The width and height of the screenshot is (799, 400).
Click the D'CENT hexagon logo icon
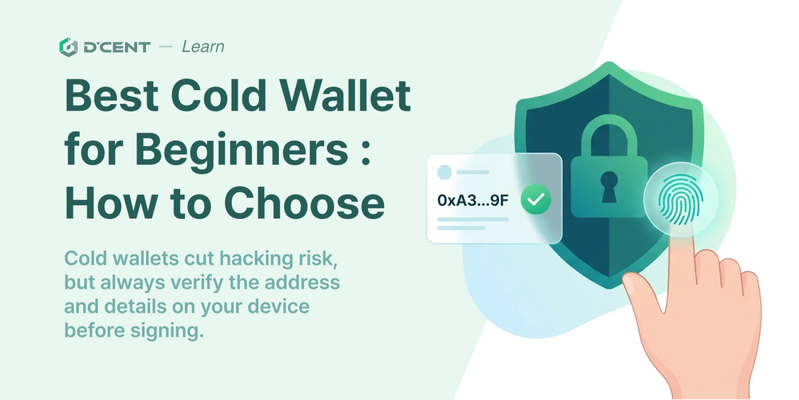(x=68, y=47)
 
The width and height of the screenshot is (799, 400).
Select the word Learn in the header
(x=203, y=47)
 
